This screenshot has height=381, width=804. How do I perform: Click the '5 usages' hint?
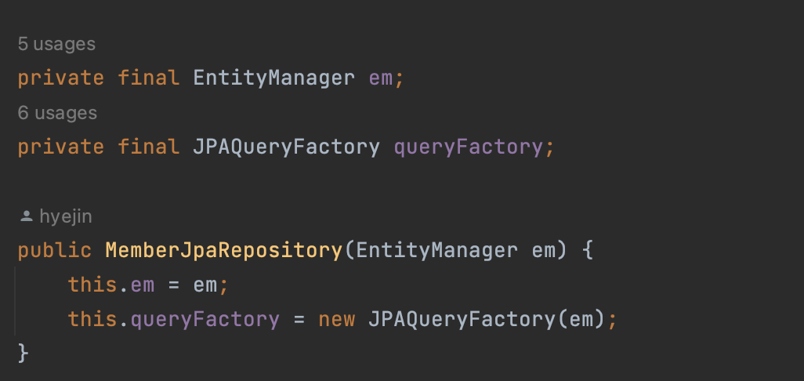tap(56, 45)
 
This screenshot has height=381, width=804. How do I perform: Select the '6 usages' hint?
tap(56, 114)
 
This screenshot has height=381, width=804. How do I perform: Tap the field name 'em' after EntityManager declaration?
tap(381, 78)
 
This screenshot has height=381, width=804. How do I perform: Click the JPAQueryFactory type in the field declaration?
tap(286, 147)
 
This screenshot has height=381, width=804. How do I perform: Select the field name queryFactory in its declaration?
tap(467, 147)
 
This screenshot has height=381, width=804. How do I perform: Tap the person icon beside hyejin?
tap(26, 216)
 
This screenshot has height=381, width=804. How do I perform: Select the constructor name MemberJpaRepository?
tap(223, 251)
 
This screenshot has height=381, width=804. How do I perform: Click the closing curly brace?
tap(23, 353)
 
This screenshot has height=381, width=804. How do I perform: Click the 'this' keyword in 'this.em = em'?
tap(92, 285)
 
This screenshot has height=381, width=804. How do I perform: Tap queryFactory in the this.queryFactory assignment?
tap(205, 319)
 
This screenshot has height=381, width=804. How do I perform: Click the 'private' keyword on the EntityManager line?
tap(61, 78)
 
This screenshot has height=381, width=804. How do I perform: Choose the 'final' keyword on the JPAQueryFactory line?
tap(149, 147)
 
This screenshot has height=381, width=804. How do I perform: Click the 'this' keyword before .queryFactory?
tap(92, 319)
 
